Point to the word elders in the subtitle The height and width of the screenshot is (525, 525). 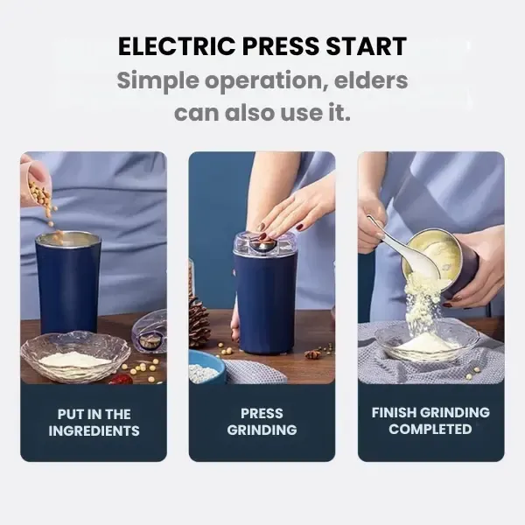click(367, 80)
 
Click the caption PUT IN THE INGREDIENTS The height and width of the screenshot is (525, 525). click(94, 422)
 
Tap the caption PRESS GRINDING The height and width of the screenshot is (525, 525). click(262, 422)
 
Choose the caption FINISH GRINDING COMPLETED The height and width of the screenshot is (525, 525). click(430, 421)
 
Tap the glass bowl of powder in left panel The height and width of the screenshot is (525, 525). click(75, 356)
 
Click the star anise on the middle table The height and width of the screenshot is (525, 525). click(312, 354)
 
